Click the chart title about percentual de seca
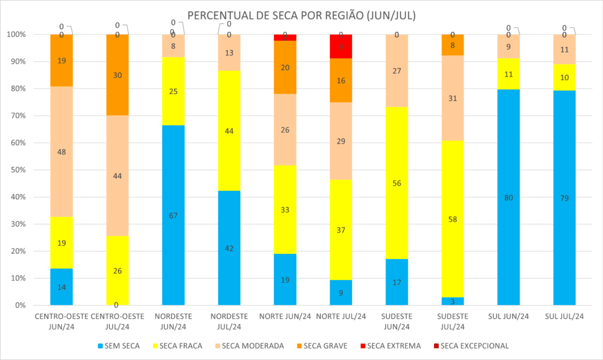click(x=301, y=16)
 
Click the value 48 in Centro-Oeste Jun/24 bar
click(x=61, y=151)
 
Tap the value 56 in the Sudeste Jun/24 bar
click(x=397, y=183)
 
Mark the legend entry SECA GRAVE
click(x=327, y=346)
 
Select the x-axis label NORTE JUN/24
click(x=284, y=316)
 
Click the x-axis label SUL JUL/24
click(x=564, y=316)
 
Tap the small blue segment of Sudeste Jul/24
click(x=453, y=301)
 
